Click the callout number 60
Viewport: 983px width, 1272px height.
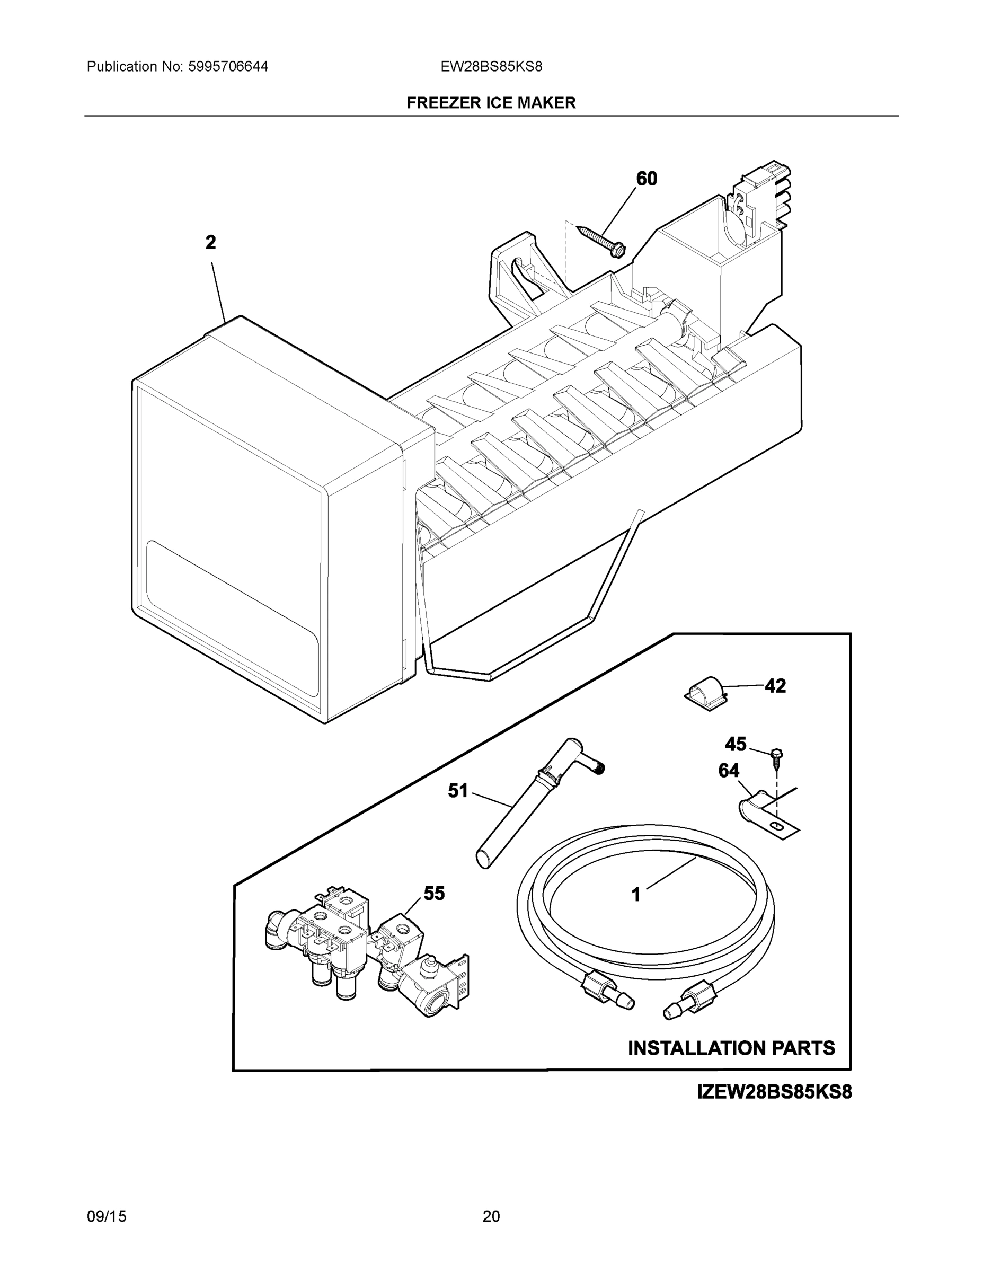647,179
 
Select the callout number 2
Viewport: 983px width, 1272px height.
211,242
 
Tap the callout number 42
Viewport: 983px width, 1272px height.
775,686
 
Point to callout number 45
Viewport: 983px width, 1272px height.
736,744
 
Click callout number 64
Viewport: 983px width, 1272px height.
729,771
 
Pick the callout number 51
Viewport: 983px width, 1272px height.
458,790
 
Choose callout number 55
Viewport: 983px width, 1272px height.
435,893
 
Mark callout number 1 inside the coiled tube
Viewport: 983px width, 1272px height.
636,894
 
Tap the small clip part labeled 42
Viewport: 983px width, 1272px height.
704,693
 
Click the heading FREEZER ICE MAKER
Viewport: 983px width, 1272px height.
491,103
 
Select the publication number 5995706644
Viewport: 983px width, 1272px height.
228,66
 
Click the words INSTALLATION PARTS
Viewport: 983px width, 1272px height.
731,1048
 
